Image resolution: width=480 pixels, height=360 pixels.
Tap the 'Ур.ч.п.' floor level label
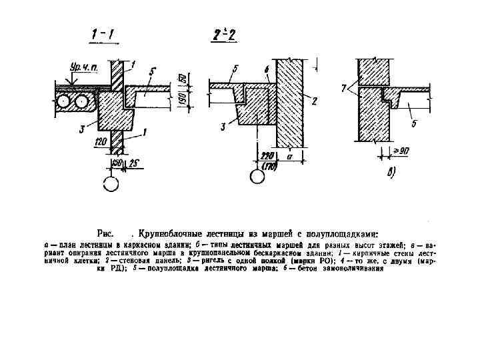coord(83,67)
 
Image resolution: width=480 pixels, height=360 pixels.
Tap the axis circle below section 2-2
coord(257,177)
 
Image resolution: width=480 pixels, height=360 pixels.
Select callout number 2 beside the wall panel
coord(313,100)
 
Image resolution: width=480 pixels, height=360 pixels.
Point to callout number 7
coord(344,87)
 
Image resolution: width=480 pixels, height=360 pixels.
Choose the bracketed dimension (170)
coord(269,165)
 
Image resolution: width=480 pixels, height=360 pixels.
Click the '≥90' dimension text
coord(399,151)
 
